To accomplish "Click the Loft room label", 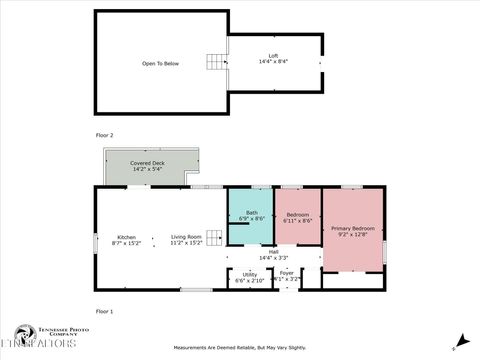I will pos(273,55).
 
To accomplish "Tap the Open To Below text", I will pos(160,63).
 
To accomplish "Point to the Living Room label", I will pos(186,237).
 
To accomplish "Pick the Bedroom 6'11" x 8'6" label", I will pos(298,214).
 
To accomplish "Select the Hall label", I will pos(273,252).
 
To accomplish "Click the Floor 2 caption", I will pos(104,134).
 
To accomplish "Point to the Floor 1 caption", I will pos(104,312).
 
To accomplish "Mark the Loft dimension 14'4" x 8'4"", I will pos(273,61).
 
